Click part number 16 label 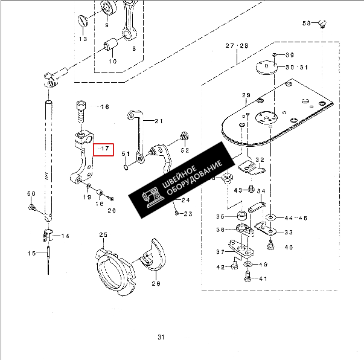[x=105, y=106]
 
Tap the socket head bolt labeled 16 [x=81, y=111]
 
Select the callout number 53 [x=307, y=23]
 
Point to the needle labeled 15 [x=48, y=260]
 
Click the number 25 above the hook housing [x=103, y=235]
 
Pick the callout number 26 [x=156, y=283]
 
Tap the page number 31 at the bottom [x=161, y=337]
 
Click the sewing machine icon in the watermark [x=153, y=198]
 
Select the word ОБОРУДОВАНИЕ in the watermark [x=194, y=178]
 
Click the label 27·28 [x=237, y=45]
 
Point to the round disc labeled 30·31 [x=267, y=68]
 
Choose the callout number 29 [x=246, y=95]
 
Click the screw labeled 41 [x=248, y=276]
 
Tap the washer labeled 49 [x=247, y=264]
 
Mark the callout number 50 [x=31, y=193]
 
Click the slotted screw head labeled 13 [x=83, y=21]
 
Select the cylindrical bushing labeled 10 [x=110, y=44]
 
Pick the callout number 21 [x=159, y=121]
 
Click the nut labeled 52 [x=184, y=136]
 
